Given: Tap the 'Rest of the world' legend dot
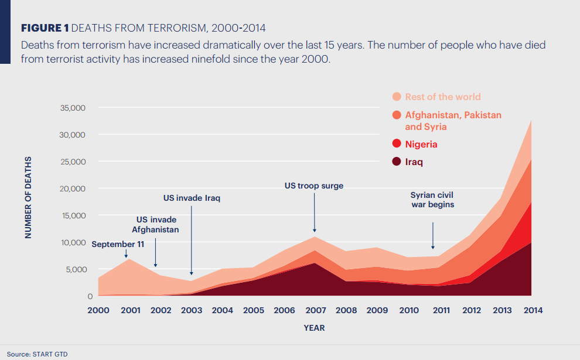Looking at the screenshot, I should pos(397,97).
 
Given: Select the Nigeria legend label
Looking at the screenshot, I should pos(421,144).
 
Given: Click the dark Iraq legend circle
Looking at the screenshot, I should pos(397,162).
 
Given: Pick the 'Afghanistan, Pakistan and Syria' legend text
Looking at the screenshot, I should pos(453,121).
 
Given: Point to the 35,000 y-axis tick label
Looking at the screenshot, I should pos(73,108).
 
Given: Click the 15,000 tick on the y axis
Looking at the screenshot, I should pos(73,215).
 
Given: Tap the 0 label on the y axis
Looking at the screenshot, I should pos(83,296).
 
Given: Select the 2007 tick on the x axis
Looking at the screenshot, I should pos(315,310).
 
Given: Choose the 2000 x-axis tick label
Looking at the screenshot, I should pos(98,310).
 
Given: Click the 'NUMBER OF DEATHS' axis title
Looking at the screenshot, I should pos(28,198).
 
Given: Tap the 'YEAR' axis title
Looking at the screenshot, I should pos(314,328).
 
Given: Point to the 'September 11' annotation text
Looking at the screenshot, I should pos(118,244).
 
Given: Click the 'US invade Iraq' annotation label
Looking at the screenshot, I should pos(192,198).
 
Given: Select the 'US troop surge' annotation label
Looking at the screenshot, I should pos(314,186).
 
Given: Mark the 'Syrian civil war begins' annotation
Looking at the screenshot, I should pos(432,200).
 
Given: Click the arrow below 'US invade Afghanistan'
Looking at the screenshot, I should pos(155,252).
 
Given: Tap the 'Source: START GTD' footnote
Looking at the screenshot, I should pos(33,354).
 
